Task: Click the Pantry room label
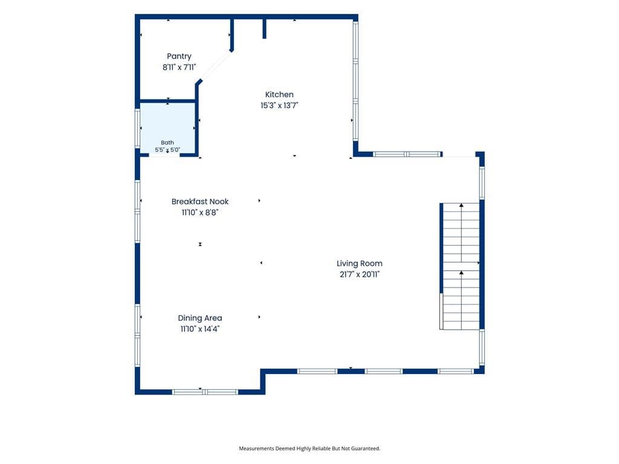point(179,56)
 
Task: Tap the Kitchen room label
point(279,94)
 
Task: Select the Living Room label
point(359,263)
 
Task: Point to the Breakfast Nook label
point(199,201)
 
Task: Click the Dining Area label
point(199,318)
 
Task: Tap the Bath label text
point(167,143)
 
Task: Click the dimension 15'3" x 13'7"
point(279,105)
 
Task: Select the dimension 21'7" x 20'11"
point(359,274)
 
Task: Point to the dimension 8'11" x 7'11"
point(179,67)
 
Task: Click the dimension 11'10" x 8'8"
point(199,212)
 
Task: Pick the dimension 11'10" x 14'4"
point(199,329)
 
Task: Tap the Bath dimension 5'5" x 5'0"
point(167,150)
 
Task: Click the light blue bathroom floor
point(168,122)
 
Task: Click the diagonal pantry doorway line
point(215,66)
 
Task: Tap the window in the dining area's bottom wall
point(205,391)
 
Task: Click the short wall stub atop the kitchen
point(265,29)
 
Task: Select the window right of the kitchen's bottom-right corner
point(407,154)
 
